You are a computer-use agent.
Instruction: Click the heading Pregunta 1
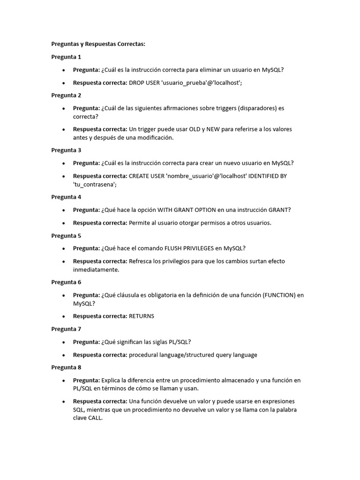point(66,57)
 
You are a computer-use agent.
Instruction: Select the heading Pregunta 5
point(66,236)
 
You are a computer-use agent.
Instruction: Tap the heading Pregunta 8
point(66,367)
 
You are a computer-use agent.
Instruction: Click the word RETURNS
point(142,316)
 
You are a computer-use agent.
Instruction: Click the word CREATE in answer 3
point(140,176)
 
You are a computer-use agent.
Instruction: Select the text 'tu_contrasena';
point(95,184)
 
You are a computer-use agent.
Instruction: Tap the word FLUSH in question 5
point(174,248)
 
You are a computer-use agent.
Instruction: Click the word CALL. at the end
point(95,418)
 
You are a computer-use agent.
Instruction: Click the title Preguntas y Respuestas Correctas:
point(98,44)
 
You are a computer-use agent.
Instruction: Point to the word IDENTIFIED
point(265,176)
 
